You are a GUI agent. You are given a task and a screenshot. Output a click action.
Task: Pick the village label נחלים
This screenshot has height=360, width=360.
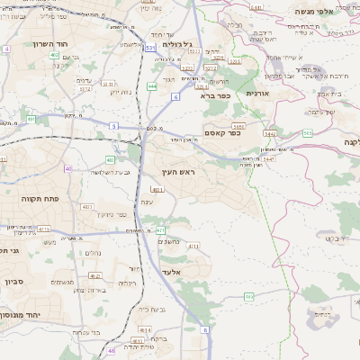click(x=93, y=253)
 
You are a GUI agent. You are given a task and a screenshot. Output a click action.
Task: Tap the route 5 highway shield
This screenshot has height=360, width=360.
click(x=114, y=126)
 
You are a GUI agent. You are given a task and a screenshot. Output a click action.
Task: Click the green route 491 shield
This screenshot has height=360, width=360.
click(x=31, y=118)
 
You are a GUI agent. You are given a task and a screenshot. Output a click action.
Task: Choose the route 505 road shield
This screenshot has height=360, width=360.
click(x=308, y=133)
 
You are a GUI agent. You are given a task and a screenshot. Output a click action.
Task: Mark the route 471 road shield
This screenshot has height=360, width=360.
click(x=159, y=230)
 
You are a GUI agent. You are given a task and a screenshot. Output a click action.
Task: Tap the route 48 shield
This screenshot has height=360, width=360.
click(x=111, y=350)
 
